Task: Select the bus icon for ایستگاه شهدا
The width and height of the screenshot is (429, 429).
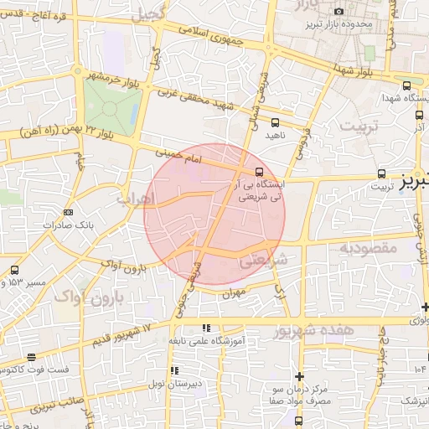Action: tap(406, 85)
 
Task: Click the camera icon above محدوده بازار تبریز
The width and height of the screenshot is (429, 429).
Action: tap(339, 11)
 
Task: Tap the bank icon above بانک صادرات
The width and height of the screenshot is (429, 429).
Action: tap(68, 212)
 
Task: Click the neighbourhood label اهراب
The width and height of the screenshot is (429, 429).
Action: tap(135, 200)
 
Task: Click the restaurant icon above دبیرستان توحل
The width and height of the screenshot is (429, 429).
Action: tap(173, 370)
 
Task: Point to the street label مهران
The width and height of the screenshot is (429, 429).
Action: tap(232, 294)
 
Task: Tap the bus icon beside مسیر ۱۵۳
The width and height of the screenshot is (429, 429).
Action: tap(15, 270)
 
